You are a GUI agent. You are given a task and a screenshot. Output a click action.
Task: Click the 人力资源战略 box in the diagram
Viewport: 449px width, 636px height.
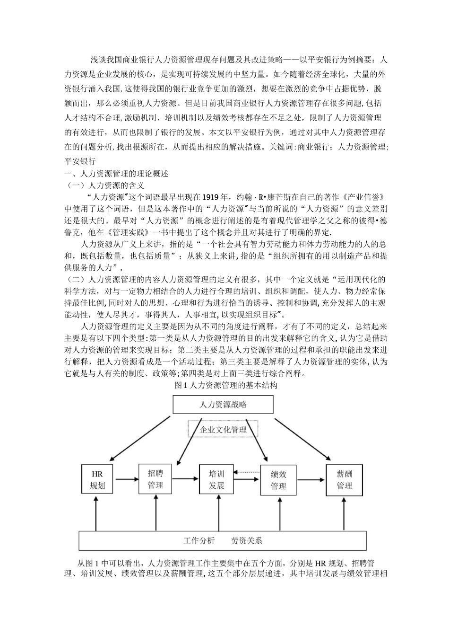click(223, 405)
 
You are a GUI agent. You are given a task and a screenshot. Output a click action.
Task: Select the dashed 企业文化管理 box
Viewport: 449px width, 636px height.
click(223, 430)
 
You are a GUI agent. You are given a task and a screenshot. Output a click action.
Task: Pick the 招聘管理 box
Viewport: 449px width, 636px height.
click(155, 479)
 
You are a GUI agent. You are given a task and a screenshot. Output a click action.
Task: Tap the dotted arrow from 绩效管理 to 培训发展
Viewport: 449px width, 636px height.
click(248, 472)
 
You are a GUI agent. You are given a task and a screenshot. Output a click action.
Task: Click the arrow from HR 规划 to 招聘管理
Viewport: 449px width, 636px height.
click(125, 479)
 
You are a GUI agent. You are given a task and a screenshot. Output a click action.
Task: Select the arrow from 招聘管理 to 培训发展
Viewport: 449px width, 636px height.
click(185, 479)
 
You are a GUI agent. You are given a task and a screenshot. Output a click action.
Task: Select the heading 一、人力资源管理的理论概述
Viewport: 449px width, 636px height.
click(116, 173)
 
